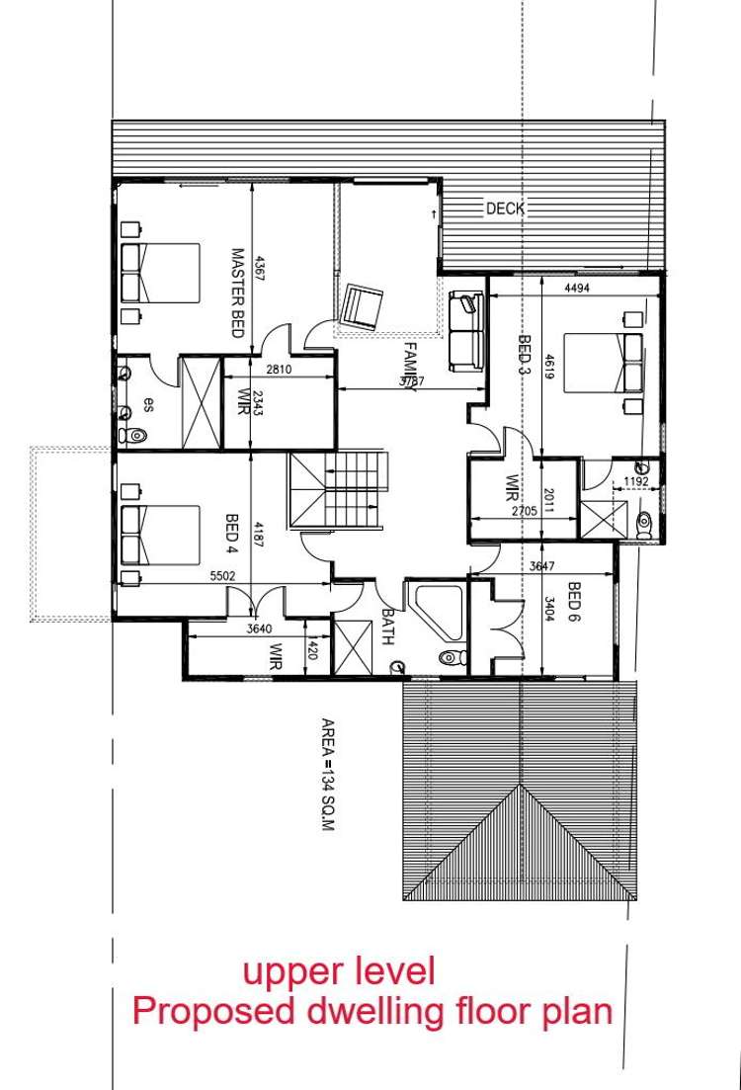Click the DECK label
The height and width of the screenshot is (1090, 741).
(x=505, y=209)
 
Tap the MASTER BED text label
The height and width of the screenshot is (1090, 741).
(x=237, y=293)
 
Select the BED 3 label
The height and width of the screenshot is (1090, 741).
(x=525, y=351)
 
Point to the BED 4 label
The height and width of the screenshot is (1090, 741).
(x=233, y=532)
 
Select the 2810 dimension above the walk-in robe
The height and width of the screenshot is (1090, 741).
(x=279, y=371)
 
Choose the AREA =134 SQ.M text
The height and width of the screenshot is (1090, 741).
(x=328, y=774)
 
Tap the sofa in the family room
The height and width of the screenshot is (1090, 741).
(x=465, y=331)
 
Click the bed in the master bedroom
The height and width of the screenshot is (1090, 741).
(x=160, y=273)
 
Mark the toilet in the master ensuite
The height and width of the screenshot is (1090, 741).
(x=134, y=436)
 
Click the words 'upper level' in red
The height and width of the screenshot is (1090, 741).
(x=339, y=971)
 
